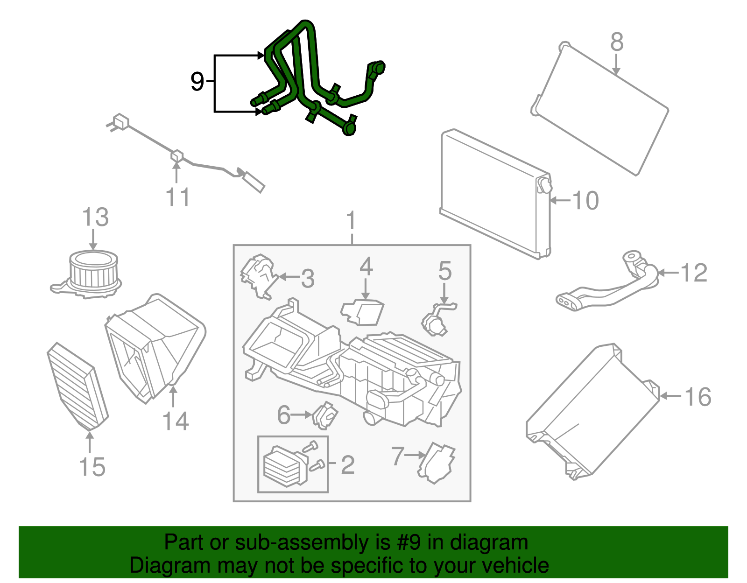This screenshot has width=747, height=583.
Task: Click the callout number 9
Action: (x=197, y=82)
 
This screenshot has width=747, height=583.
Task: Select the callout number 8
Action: (x=617, y=42)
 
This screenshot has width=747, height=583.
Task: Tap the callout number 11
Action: (x=178, y=197)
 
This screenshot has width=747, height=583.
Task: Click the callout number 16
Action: (x=698, y=396)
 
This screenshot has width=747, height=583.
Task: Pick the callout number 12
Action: (x=694, y=273)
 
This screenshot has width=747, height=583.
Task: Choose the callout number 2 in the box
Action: (x=347, y=465)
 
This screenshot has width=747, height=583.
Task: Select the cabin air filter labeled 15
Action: (x=78, y=386)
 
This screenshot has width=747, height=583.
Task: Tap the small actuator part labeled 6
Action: (x=325, y=416)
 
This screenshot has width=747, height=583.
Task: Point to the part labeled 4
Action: (x=362, y=312)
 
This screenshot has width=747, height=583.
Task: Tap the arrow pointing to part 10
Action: (x=560, y=200)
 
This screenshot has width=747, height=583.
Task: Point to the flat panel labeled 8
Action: (x=600, y=109)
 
